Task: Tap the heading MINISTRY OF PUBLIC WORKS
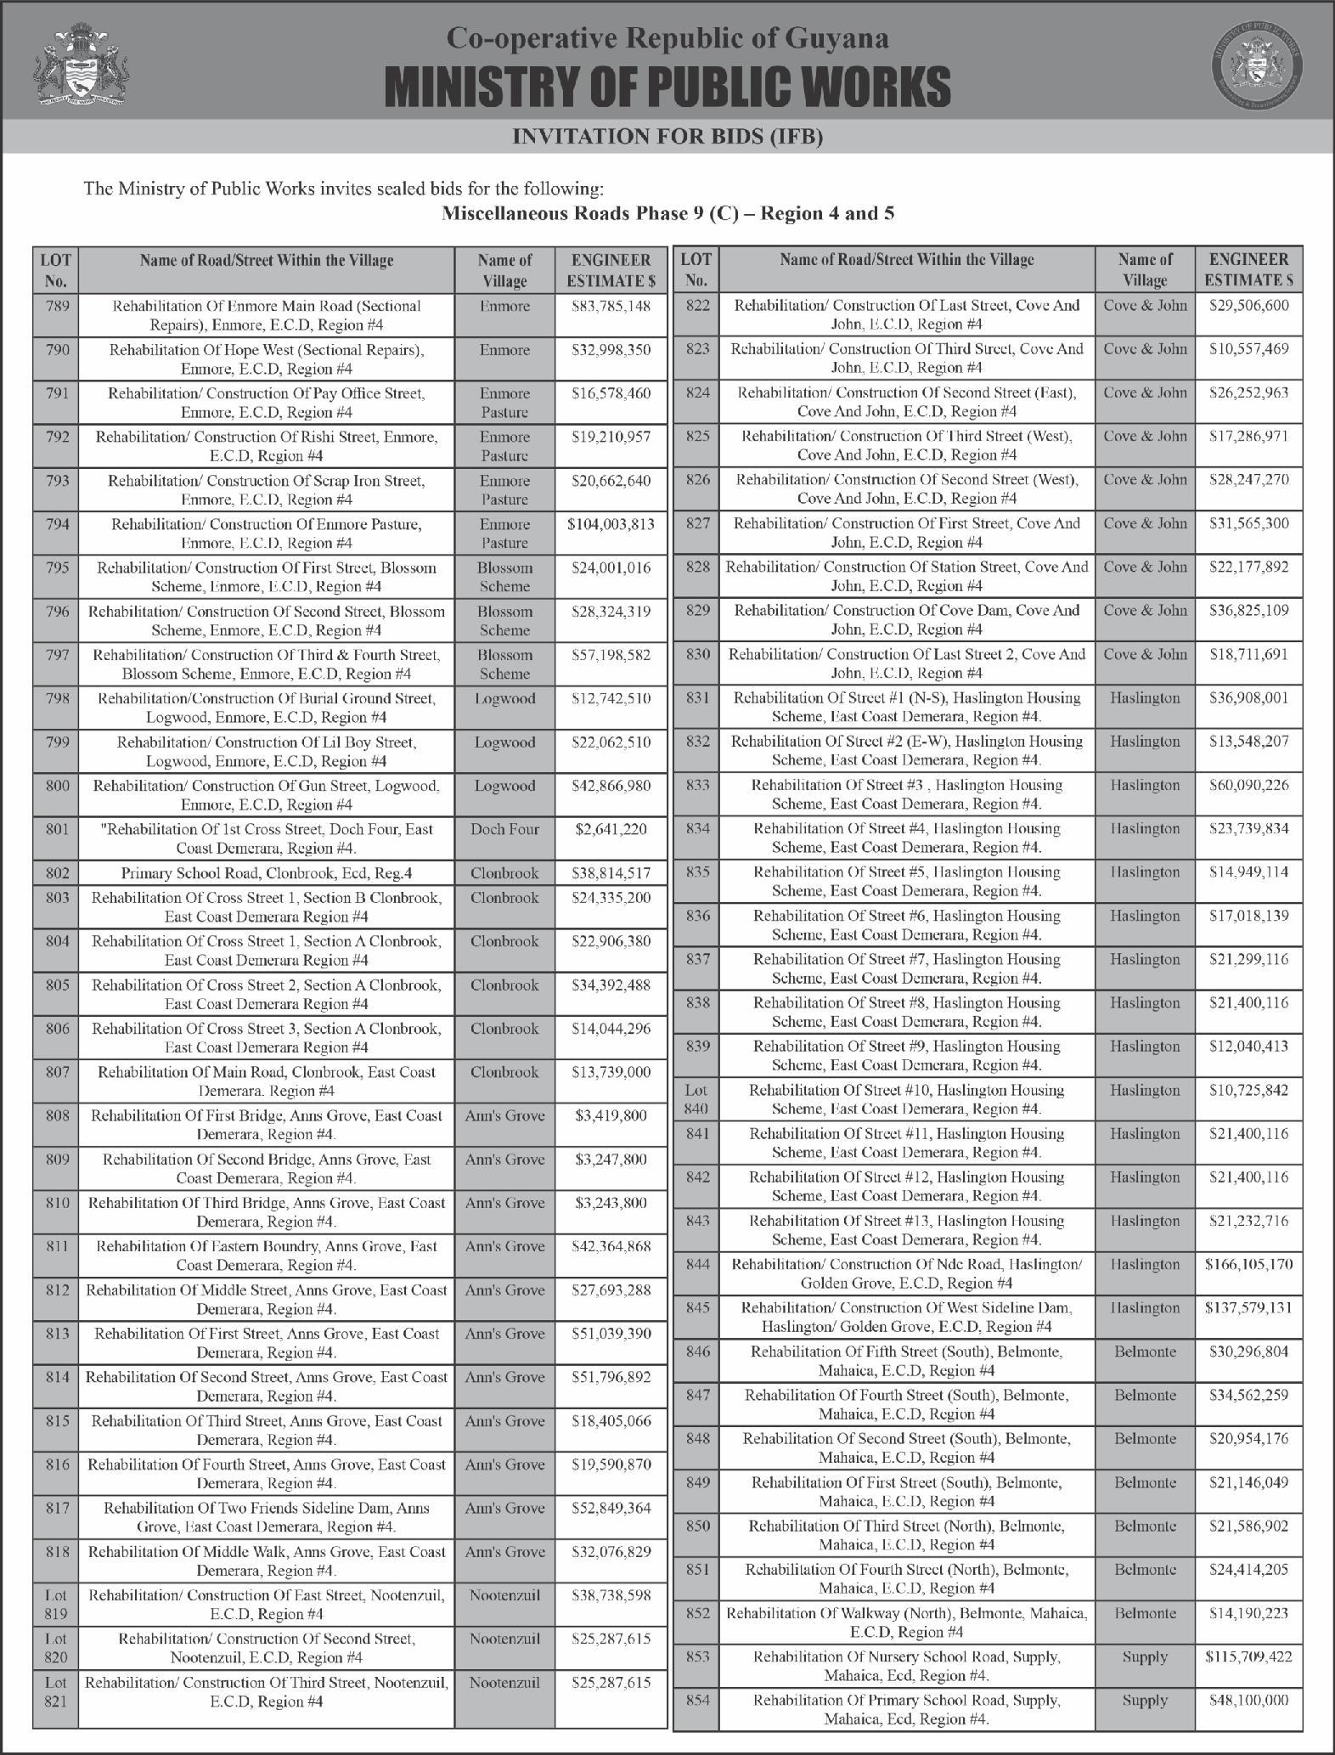(667, 87)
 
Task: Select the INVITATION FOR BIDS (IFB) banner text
(667, 136)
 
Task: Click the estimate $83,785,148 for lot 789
(611, 306)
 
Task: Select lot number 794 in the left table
(56, 524)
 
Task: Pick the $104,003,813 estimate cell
(611, 524)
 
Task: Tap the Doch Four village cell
(504, 829)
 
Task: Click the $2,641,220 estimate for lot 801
(611, 829)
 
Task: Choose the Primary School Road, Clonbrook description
(268, 873)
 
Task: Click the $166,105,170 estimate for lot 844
(1248, 1265)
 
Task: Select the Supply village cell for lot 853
(1145, 1657)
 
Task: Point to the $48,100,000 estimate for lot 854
(1248, 1701)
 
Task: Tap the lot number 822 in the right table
(696, 305)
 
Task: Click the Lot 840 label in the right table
(696, 1099)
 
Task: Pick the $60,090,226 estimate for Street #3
(1248, 785)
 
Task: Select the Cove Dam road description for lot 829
(907, 620)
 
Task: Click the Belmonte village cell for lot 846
(1145, 1352)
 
